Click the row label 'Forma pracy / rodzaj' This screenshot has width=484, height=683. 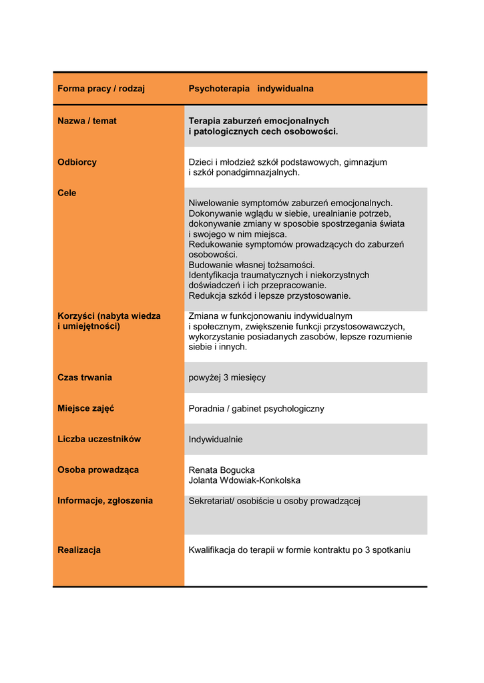pyautogui.click(x=101, y=89)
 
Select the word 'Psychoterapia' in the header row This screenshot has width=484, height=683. pyautogui.click(x=219, y=89)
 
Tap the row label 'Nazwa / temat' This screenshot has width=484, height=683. pyautogui.click(x=87, y=121)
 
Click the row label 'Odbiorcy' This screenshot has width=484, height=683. pyautogui.click(x=77, y=162)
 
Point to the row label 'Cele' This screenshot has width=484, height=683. pyautogui.click(x=67, y=193)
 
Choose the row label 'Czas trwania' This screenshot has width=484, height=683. pyautogui.click(x=85, y=378)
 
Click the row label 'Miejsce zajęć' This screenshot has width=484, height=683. pyautogui.click(x=85, y=408)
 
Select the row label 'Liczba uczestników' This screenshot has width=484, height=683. pyautogui.click(x=99, y=439)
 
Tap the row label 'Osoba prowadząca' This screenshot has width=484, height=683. pyautogui.click(x=98, y=470)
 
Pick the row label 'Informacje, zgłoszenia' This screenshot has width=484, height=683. pyautogui.click(x=105, y=500)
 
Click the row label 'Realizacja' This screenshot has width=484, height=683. pyautogui.click(x=79, y=550)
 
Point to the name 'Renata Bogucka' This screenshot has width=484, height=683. pyautogui.click(x=222, y=470)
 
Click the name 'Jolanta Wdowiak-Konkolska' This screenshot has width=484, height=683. pyautogui.click(x=244, y=480)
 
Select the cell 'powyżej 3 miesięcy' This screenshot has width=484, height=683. pyautogui.click(x=227, y=378)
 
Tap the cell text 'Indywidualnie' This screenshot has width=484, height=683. pyautogui.click(x=216, y=440)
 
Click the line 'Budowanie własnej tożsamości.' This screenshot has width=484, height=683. pyautogui.click(x=252, y=265)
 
